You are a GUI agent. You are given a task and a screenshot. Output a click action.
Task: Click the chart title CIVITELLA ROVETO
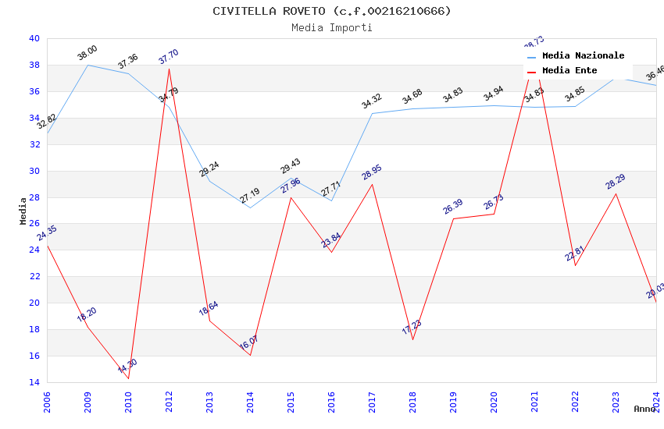332,11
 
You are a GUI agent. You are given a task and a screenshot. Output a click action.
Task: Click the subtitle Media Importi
332,27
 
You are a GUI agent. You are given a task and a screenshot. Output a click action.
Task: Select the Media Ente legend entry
569,70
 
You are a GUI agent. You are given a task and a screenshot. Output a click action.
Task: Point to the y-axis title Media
23,211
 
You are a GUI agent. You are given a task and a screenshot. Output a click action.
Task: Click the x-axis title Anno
644,409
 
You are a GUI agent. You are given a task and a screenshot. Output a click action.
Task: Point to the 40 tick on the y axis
34,38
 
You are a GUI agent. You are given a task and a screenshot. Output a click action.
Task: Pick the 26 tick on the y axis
34,224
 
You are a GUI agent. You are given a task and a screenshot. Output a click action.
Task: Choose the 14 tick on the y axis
34,382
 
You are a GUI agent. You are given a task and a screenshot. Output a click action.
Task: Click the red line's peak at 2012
169,69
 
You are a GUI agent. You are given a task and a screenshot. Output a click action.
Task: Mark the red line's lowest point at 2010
128,378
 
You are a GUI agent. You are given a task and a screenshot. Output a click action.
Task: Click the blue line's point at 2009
87,65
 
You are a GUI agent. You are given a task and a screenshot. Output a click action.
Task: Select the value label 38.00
87,52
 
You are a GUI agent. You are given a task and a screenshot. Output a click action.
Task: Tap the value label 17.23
412,327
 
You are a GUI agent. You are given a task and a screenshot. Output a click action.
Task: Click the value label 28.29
616,181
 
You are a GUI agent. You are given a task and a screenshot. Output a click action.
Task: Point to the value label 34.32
372,101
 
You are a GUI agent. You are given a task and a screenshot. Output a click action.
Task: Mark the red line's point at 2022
575,265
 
